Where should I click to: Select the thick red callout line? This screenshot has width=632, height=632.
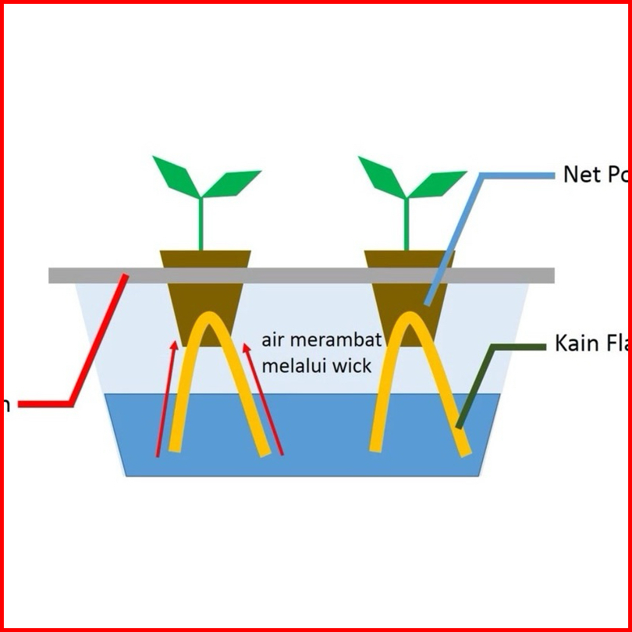pyautogui.click(x=94, y=351)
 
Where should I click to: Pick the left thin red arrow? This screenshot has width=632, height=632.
pyautogui.click(x=165, y=398)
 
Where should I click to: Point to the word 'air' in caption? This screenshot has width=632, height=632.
pyautogui.click(x=272, y=341)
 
